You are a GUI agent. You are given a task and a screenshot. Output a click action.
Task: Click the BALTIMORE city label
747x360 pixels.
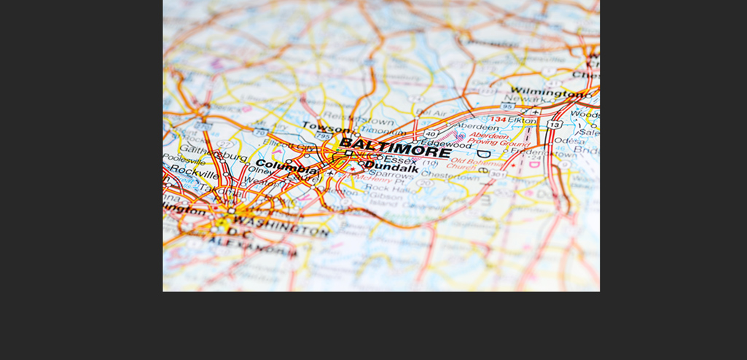click(x=394, y=147)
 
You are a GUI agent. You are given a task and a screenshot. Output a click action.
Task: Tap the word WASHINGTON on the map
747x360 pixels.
click(x=281, y=225)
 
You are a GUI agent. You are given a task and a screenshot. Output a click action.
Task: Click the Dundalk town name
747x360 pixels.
click(x=391, y=168)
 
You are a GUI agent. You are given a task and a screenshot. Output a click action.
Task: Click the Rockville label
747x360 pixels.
click(x=193, y=173)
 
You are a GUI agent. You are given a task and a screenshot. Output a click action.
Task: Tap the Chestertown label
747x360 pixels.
click(x=450, y=176)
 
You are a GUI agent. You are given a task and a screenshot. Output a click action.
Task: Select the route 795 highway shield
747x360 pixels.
click(x=322, y=136)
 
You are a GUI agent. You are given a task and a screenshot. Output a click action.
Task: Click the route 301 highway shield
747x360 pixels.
click(x=498, y=174)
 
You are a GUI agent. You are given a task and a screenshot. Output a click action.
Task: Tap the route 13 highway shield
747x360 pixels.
click(x=555, y=125)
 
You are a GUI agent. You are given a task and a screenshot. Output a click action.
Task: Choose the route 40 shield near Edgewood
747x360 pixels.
click(x=430, y=134)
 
